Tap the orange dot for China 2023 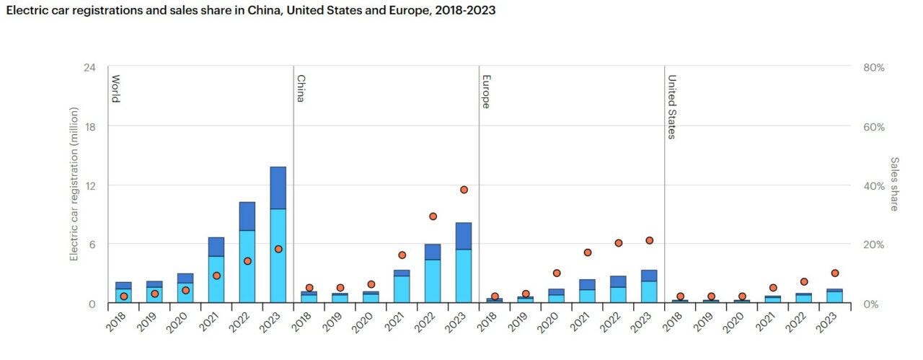[464, 190]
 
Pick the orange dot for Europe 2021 [588, 253]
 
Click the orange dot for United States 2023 [835, 273]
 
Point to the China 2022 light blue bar [433, 281]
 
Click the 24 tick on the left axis [90, 67]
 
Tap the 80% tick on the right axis [873, 67]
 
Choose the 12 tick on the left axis [90, 185]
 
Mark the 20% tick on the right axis [873, 245]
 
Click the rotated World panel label [115, 88]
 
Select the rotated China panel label [301, 88]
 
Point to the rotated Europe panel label [486, 91]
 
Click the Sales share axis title [894, 184]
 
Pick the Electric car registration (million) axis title [74, 184]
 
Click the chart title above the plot [250, 12]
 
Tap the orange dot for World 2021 [216, 276]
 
